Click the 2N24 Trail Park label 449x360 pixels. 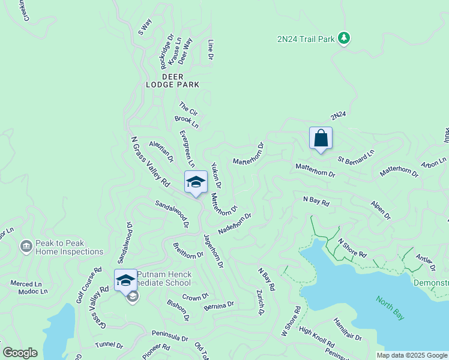coord(305,39)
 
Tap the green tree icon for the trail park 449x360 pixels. coord(343,38)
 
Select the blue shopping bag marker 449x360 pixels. coord(321,139)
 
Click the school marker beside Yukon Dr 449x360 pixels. coord(196,182)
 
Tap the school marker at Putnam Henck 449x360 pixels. coord(125,281)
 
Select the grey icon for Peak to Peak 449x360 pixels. coord(26,246)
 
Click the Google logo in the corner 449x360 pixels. coord(19,353)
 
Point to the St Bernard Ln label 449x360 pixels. coord(356,157)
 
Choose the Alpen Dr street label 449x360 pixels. coord(381,210)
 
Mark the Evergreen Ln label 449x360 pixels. coord(187,149)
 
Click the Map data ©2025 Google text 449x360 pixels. coord(412,355)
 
